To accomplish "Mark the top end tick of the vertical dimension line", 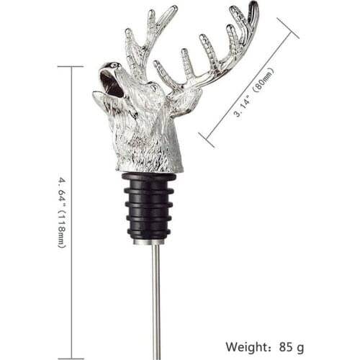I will pyautogui.click(x=70, y=66).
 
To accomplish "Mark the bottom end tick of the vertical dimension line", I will pyautogui.click(x=70, y=358).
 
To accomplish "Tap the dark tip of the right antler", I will pyautogui.click(x=253, y=9).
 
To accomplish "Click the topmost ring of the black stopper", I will pyautogui.click(x=149, y=178).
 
